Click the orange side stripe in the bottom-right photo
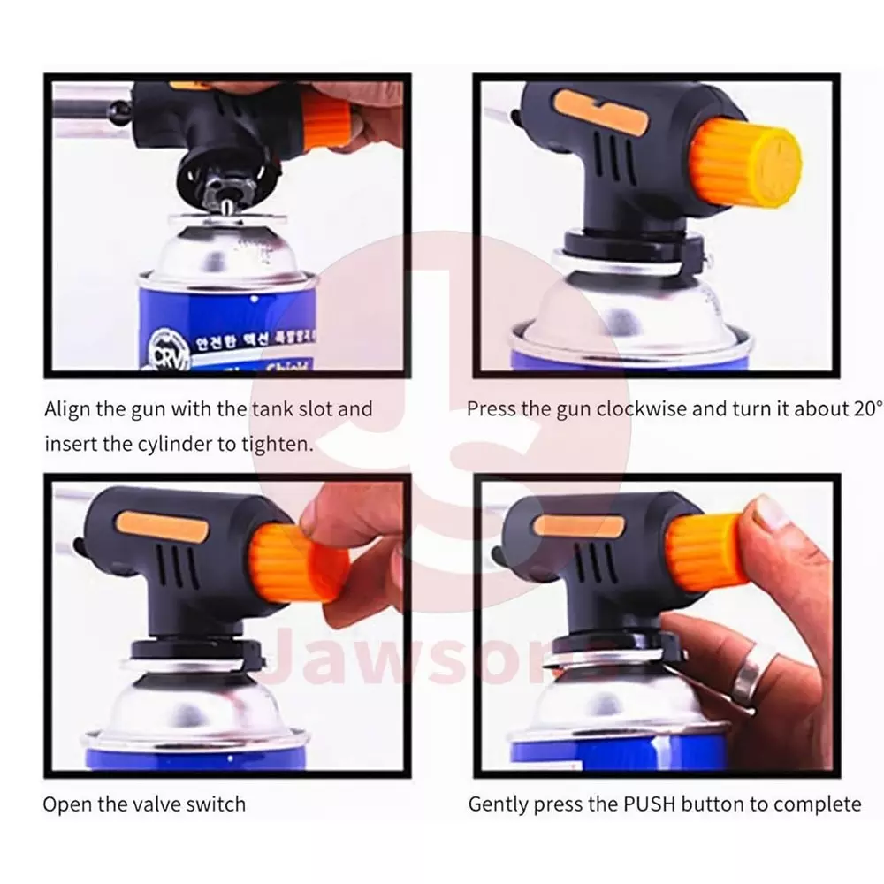[x=573, y=525]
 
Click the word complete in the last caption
[x=817, y=804]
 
